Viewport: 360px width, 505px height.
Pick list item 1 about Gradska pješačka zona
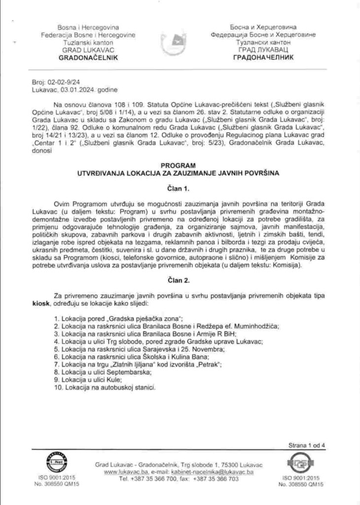[122, 319]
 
